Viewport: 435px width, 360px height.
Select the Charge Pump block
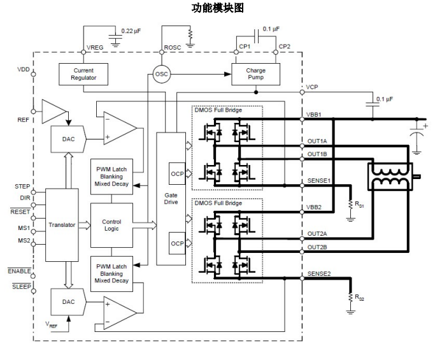255,75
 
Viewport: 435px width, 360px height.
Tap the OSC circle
162,75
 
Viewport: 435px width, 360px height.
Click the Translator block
62,225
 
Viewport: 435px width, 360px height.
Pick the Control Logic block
111,226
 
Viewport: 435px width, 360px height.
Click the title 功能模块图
217,8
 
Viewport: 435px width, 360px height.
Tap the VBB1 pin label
315,115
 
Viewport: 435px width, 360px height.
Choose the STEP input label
22,187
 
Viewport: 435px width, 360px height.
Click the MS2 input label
24,240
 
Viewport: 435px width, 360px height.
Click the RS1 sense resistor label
359,205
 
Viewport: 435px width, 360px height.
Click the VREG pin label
94,47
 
